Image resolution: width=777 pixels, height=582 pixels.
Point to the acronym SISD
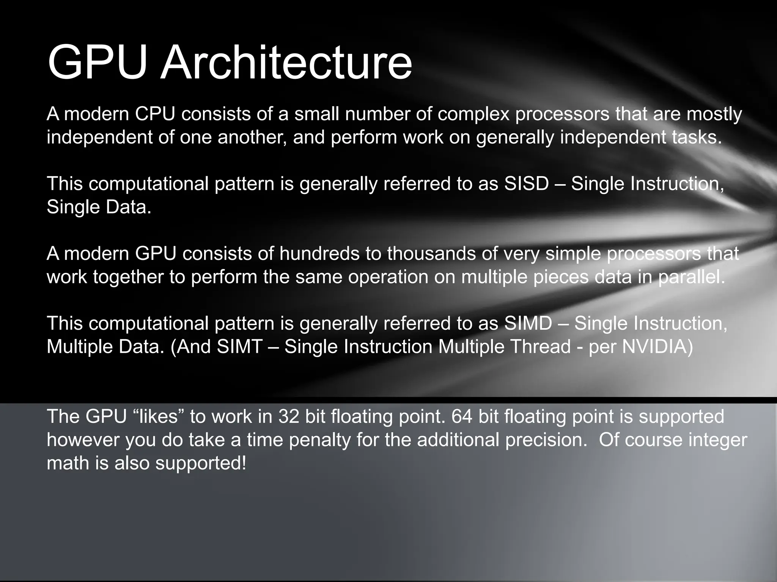pyautogui.click(x=526, y=184)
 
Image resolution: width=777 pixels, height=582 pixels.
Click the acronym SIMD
pyautogui.click(x=528, y=323)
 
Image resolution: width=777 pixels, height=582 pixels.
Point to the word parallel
pyautogui.click(x=691, y=277)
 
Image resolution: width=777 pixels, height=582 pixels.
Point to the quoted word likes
pyautogui.click(x=156, y=416)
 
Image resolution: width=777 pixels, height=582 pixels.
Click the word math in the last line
pyautogui.click(x=68, y=463)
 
